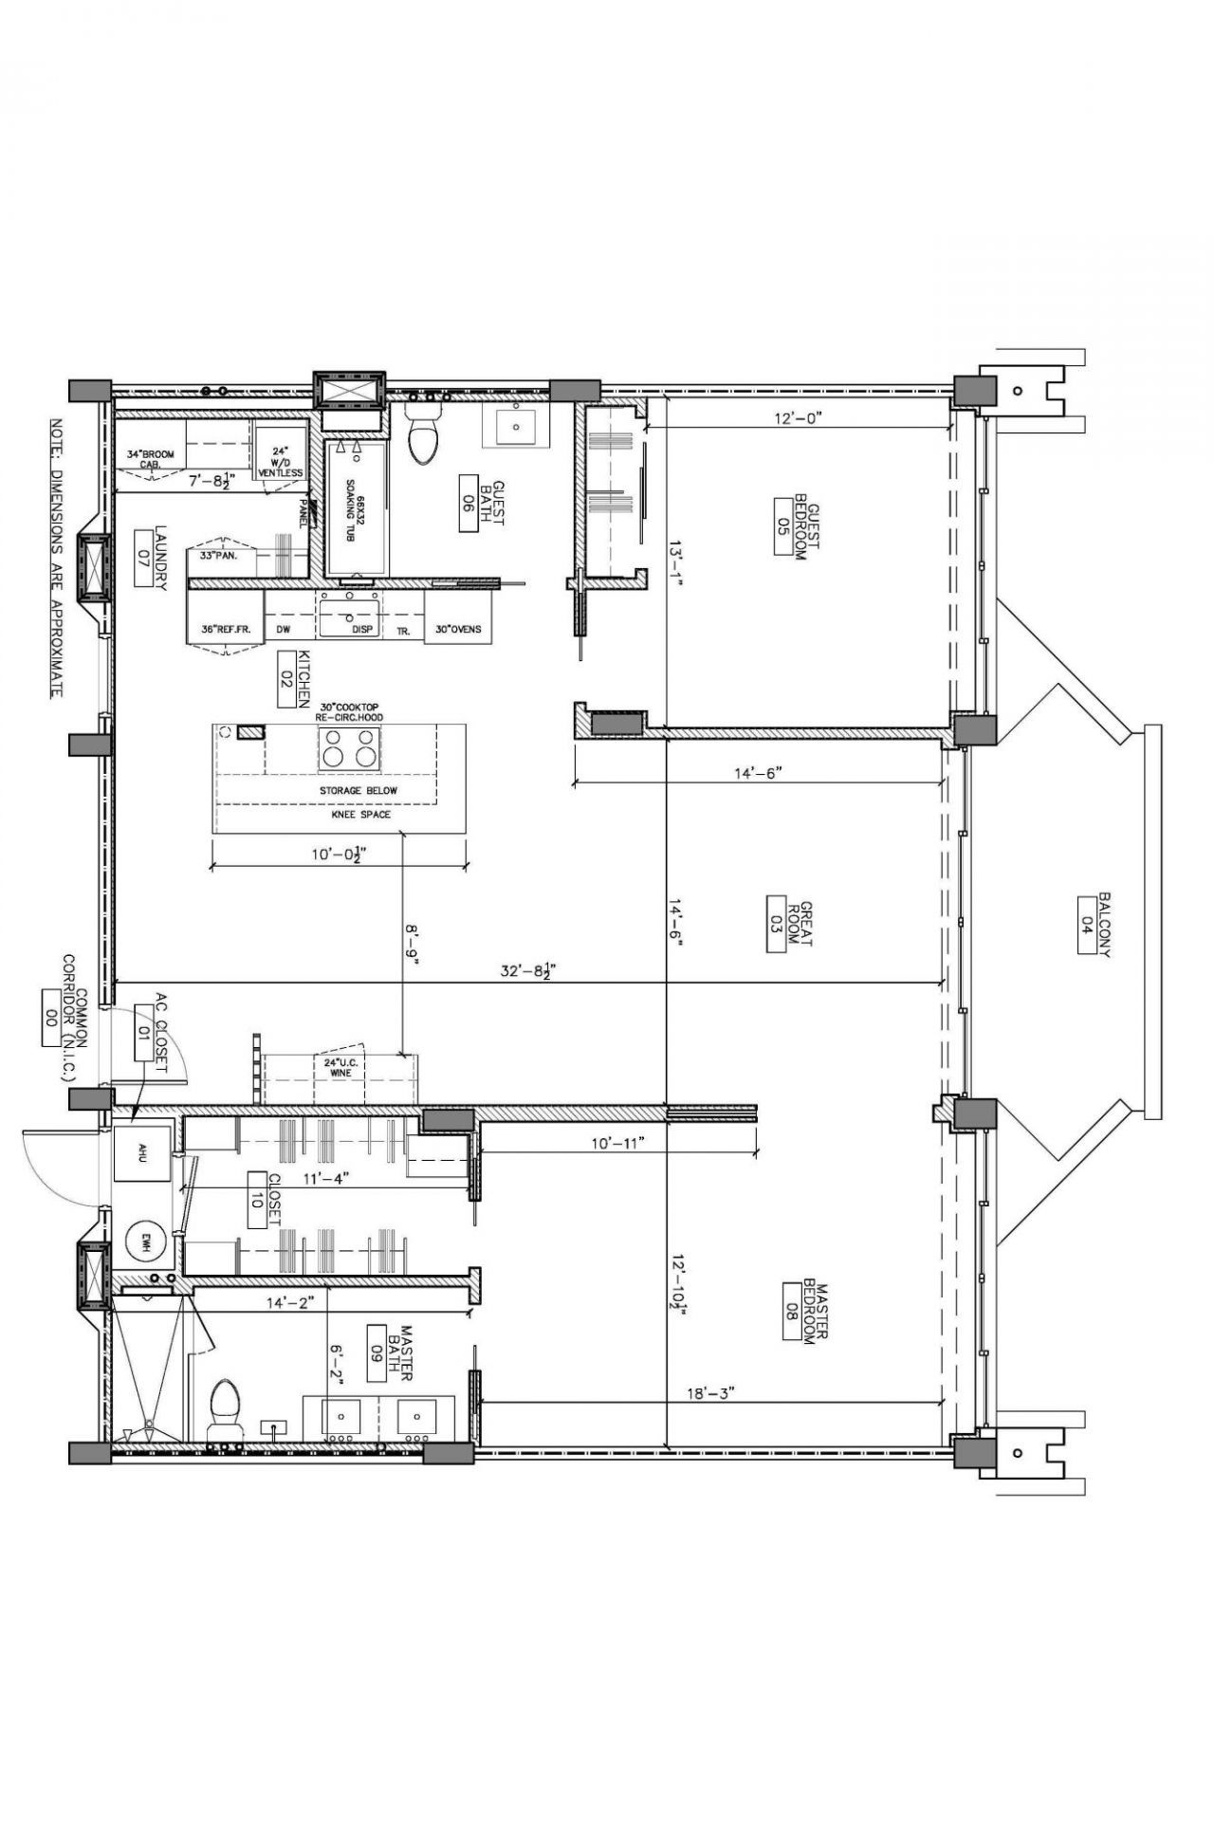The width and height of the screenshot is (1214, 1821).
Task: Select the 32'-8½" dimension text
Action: click(532, 970)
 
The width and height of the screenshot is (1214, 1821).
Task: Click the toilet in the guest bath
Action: click(423, 441)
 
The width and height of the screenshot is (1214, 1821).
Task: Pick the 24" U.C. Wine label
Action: click(339, 1067)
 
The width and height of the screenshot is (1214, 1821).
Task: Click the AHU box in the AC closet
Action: click(142, 1153)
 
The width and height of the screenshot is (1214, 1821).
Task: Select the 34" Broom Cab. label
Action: click(150, 459)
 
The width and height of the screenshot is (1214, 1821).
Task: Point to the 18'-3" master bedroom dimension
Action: click(710, 1393)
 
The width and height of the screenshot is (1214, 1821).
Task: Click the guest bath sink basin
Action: click(516, 429)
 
